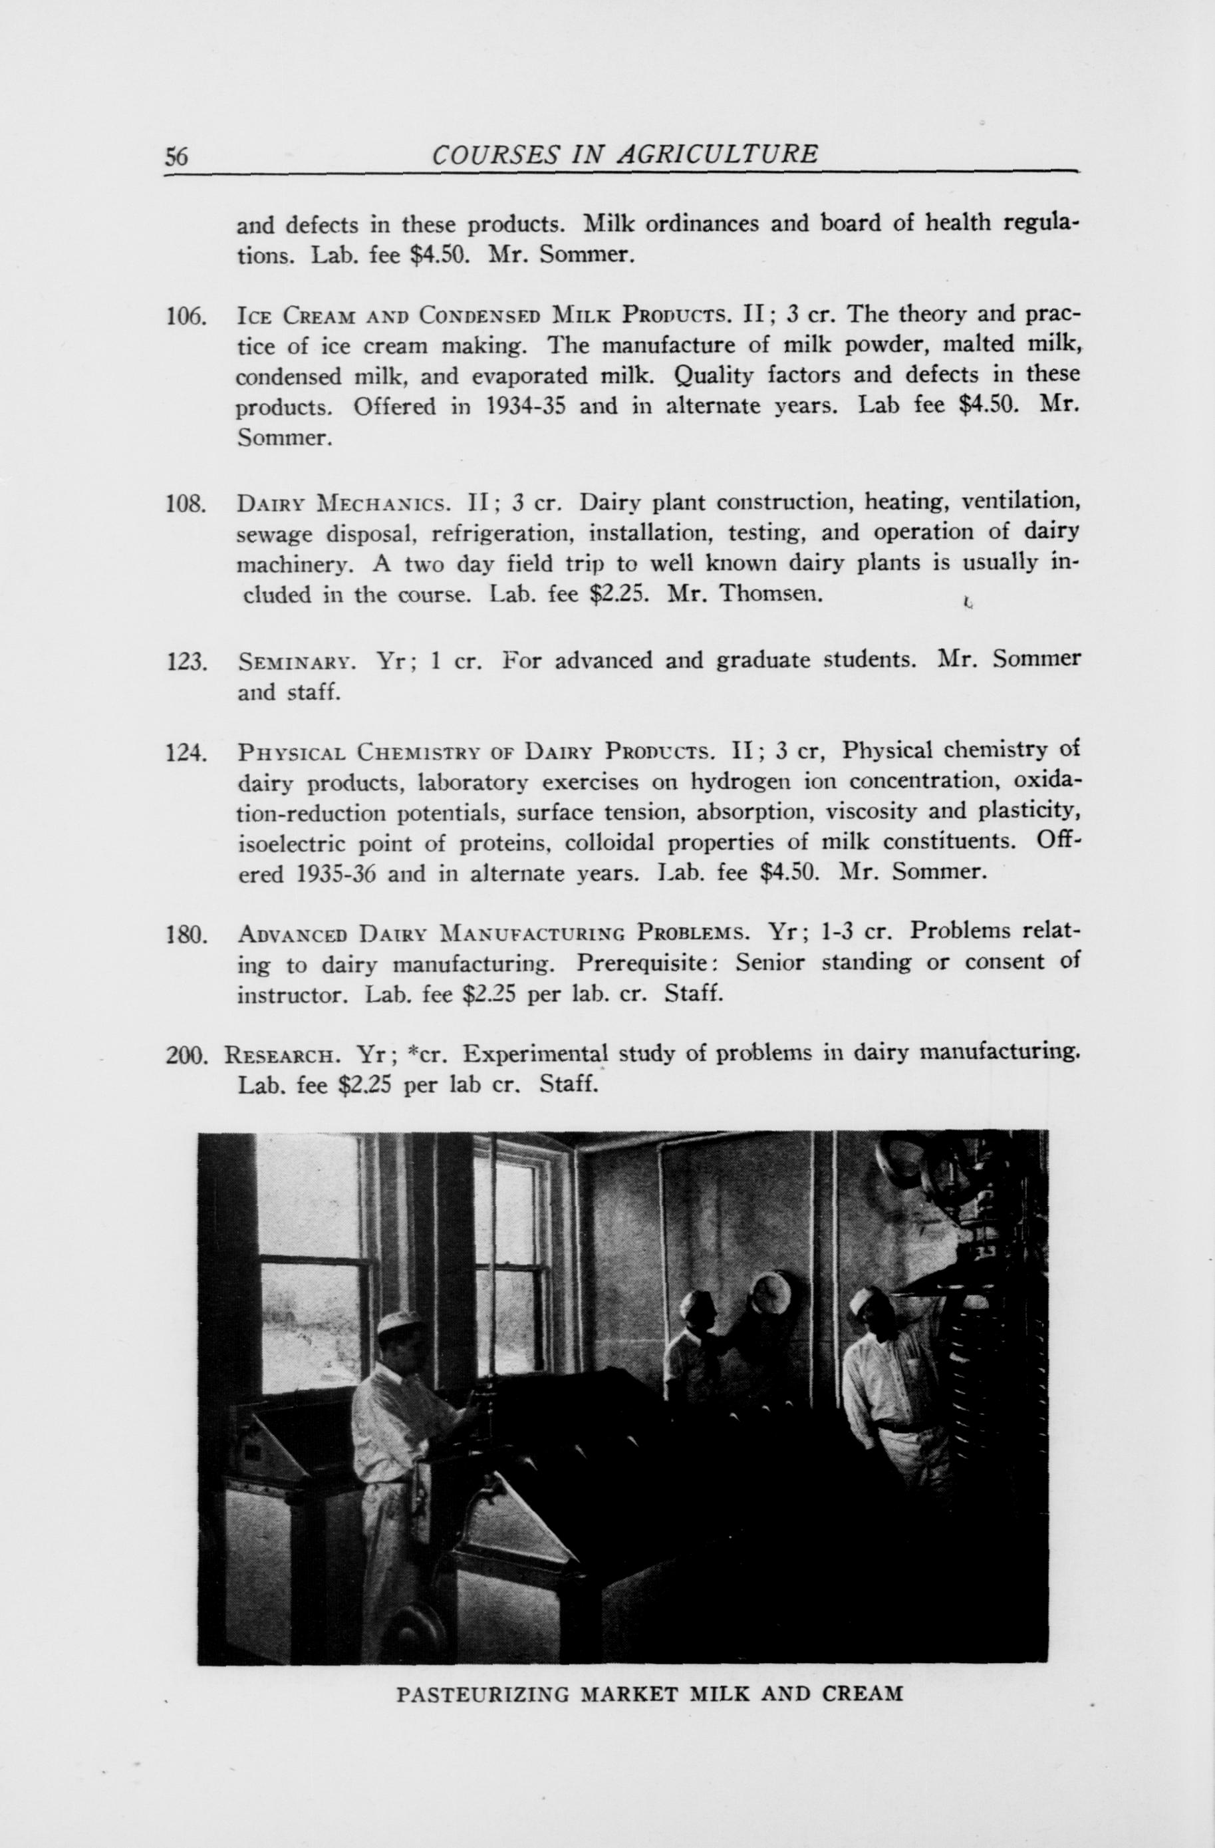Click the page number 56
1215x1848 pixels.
coord(176,156)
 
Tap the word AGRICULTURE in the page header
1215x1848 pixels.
coord(717,154)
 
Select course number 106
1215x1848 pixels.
coord(186,317)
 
